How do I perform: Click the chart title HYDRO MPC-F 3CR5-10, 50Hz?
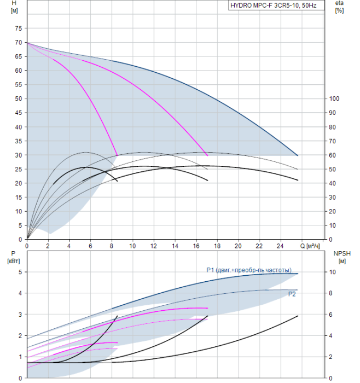274,5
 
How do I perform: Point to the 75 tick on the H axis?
19,28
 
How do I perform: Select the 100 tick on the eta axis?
334,98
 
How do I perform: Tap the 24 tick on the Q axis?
280,246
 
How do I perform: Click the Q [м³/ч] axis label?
310,246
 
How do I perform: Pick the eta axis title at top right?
340,7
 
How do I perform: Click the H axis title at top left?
14,7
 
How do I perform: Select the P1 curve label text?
249,270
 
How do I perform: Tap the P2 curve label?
292,294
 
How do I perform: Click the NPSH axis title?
342,257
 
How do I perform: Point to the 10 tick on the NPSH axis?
332,272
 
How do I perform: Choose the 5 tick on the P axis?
20,272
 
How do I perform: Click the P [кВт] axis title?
14,257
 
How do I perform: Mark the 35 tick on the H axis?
19,141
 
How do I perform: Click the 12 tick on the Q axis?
153,246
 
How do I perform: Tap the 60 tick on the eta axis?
332,155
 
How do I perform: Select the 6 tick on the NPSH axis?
330,315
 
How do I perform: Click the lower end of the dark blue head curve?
298,155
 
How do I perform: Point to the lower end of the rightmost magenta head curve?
207,155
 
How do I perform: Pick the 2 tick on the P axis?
20,336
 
